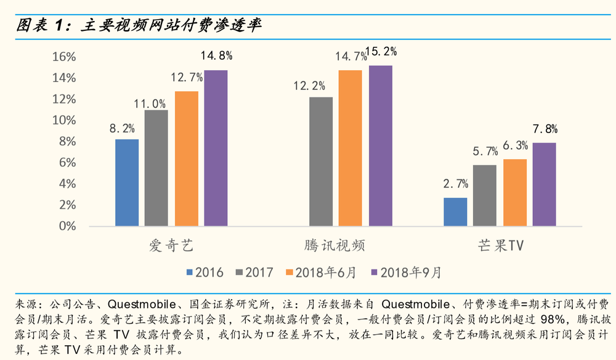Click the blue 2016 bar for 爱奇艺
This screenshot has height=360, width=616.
[127, 182]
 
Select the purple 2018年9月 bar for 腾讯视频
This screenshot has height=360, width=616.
[380, 145]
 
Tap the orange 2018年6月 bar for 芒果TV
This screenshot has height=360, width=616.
[515, 192]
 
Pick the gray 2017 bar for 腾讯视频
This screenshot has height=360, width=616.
[320, 162]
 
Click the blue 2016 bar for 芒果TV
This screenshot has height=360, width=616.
[455, 211]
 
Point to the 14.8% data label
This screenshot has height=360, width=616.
[216, 56]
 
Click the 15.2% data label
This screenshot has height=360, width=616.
[381, 51]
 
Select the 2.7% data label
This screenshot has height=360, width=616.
[455, 183]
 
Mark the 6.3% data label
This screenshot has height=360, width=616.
[515, 145]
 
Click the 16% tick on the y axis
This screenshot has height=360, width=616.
[64, 57]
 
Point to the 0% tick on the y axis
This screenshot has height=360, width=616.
[67, 226]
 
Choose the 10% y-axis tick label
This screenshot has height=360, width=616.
[64, 120]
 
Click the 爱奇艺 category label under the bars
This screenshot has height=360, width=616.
[171, 245]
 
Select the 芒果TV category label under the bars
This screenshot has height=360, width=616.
[500, 245]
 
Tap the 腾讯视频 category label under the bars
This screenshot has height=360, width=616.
[336, 245]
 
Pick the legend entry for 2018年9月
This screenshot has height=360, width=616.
[406, 271]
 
